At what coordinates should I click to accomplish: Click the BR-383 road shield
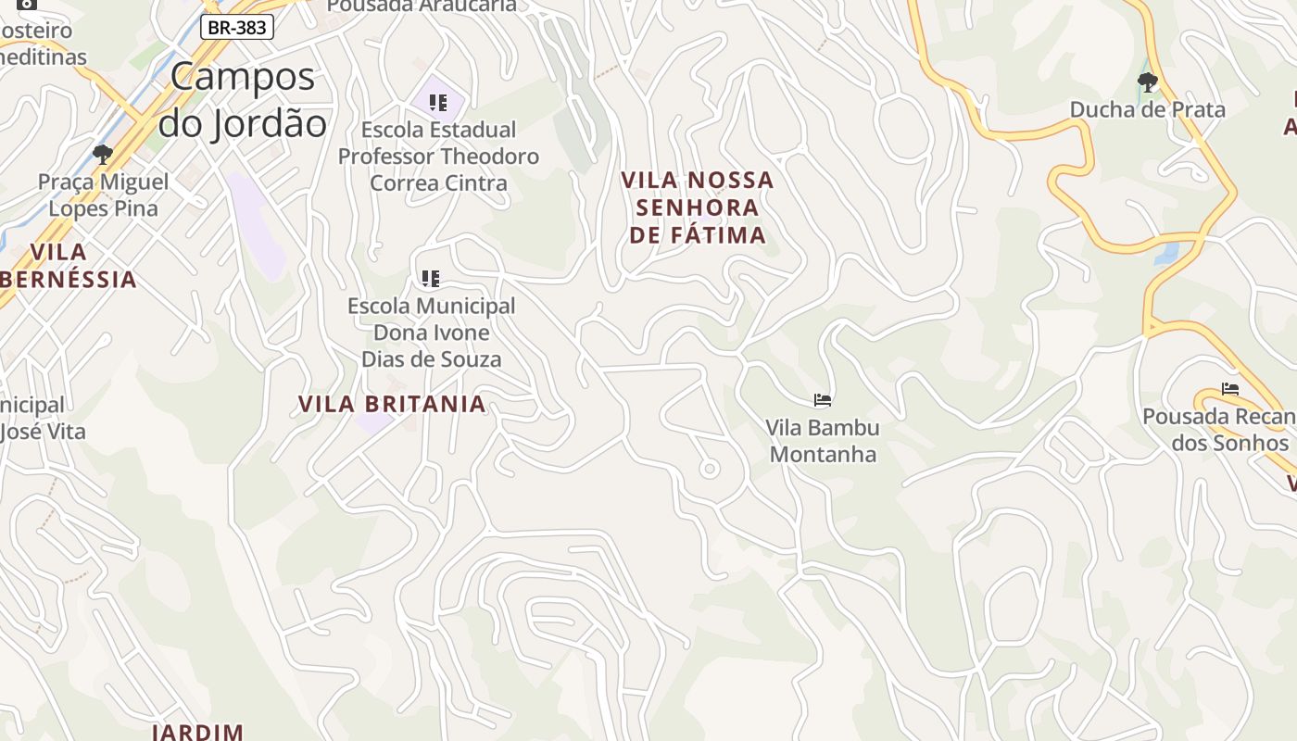[237, 28]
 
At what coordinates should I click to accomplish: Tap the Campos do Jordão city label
[243, 99]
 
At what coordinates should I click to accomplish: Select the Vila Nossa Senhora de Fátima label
[698, 207]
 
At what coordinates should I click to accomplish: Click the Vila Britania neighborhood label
[392, 404]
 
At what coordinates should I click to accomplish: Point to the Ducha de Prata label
[1147, 109]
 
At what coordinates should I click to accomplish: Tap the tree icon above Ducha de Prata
[1147, 82]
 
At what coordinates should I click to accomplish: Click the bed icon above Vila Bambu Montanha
[822, 400]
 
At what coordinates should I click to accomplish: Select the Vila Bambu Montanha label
[822, 441]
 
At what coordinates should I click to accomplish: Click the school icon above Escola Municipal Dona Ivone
[430, 278]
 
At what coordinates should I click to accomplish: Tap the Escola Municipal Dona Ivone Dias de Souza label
[431, 333]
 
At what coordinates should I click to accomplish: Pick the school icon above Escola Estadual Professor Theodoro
[438, 102]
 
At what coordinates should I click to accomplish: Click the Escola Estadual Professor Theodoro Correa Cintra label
[438, 156]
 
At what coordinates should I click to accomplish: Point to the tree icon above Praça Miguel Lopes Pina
[103, 154]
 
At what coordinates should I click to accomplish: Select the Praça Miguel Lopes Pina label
[103, 195]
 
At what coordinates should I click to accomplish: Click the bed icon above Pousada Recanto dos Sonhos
[1229, 389]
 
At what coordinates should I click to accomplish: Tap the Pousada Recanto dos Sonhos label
[1218, 430]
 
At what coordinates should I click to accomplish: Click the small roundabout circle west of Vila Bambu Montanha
[710, 469]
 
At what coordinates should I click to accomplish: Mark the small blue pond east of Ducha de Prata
[1168, 253]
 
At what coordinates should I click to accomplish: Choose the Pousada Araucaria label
[422, 6]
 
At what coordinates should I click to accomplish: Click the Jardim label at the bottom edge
[197, 732]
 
